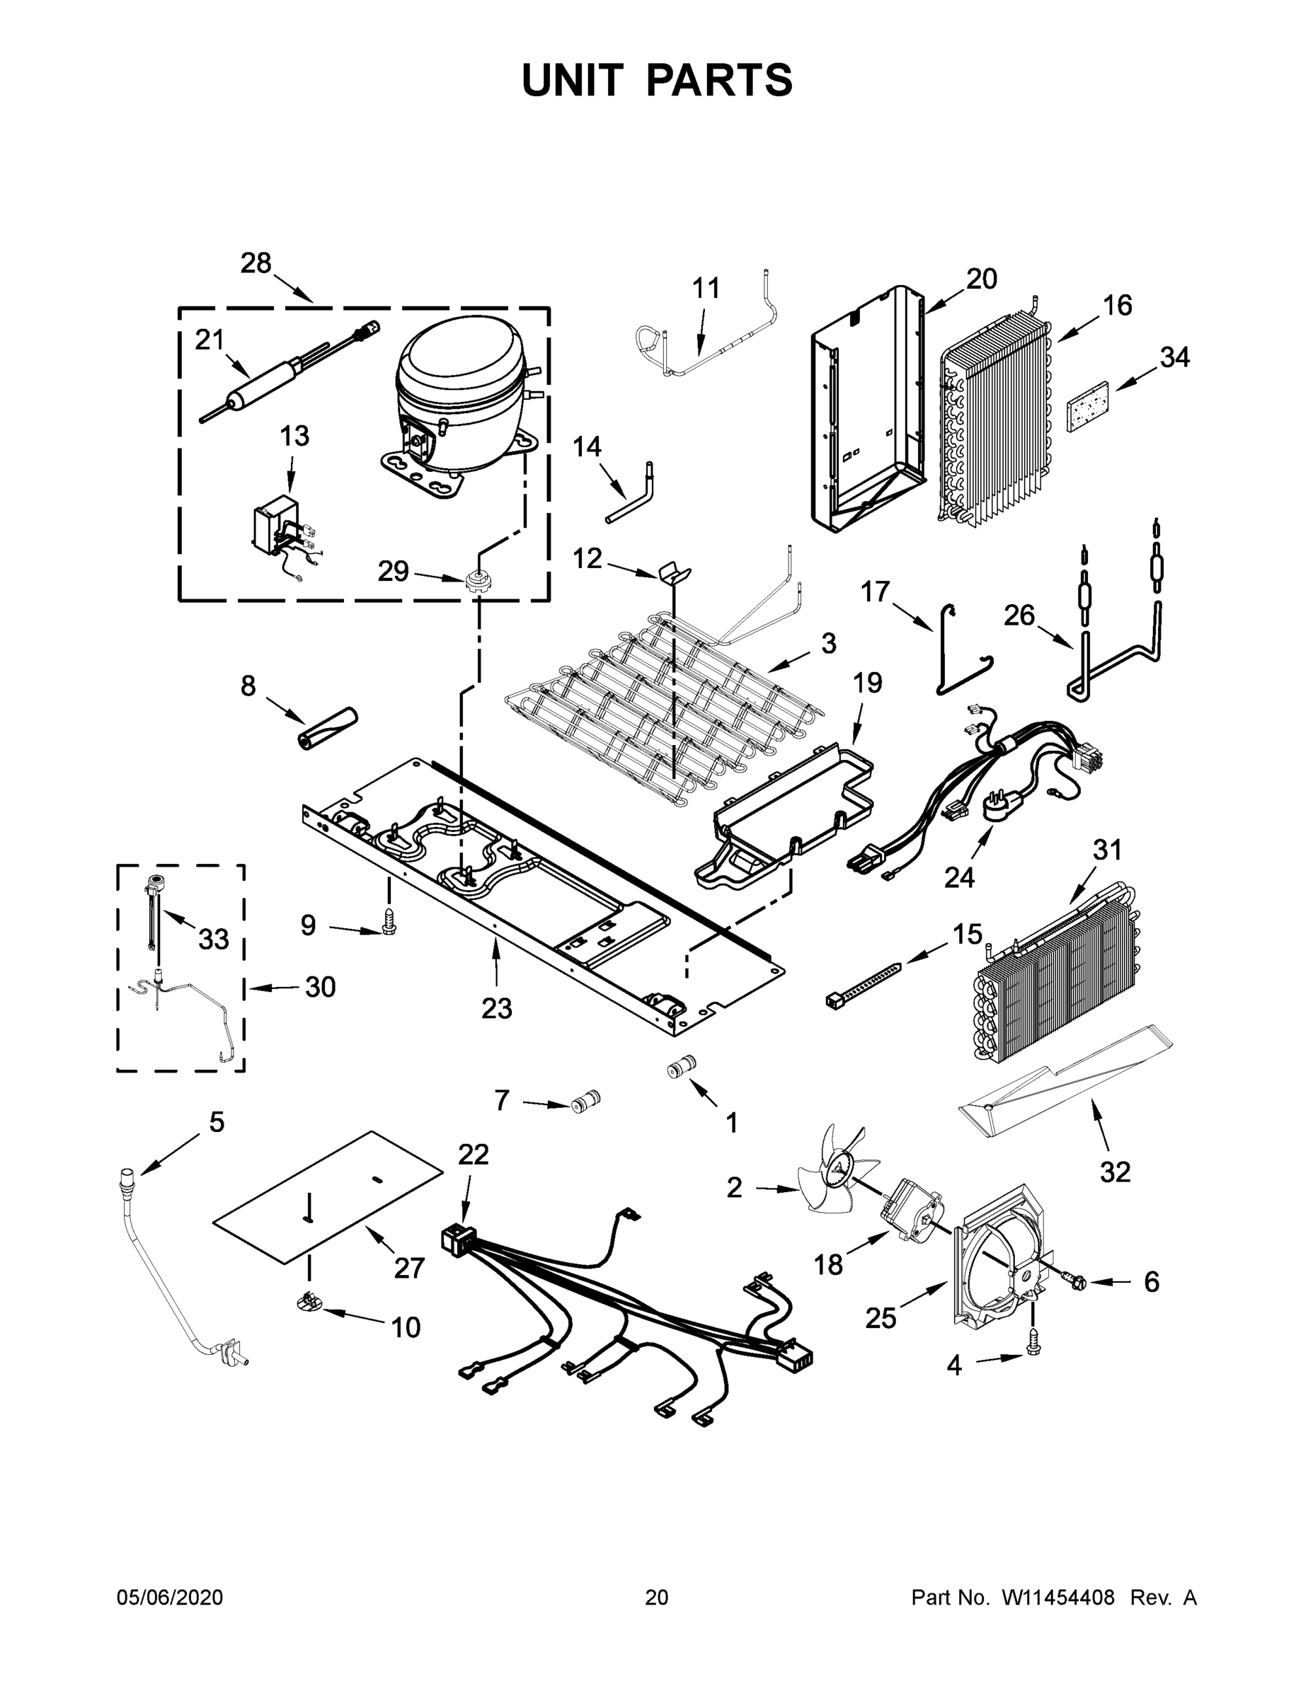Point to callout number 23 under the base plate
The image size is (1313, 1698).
tap(496, 1008)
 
